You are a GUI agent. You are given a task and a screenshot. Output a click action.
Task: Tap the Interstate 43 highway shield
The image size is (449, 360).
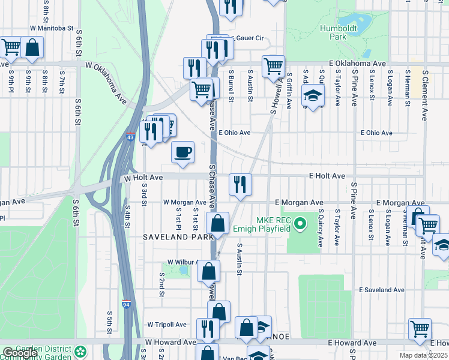coord(130,138)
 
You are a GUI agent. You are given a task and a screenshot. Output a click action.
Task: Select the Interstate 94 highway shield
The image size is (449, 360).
coord(127,304)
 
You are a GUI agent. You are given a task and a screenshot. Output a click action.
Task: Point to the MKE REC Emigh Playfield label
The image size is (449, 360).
coord(277,225)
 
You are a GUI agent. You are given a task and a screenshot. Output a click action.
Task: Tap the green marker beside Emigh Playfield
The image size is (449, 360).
coord(304,226)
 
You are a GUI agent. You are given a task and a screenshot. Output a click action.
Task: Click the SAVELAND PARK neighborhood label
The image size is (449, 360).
coord(170,238)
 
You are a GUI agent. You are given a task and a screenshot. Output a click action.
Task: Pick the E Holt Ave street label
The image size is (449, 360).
coord(327,176)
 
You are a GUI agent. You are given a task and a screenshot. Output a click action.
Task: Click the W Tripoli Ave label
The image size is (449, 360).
coord(167,325)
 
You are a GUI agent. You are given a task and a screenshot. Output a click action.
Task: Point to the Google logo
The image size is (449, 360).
coord(20,353)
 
